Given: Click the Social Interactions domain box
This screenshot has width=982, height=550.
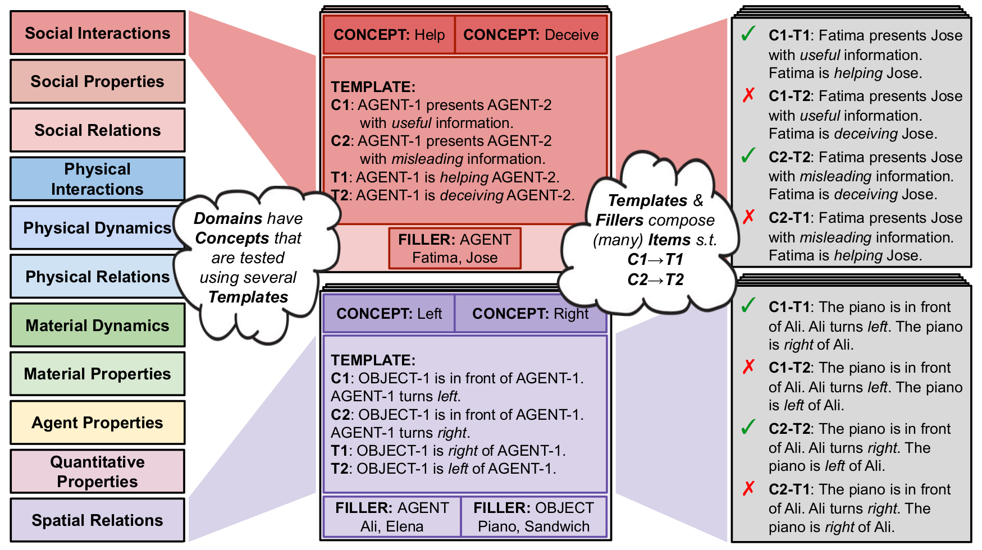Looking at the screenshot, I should [97, 33].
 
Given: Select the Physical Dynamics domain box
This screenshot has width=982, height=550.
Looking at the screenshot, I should [97, 228].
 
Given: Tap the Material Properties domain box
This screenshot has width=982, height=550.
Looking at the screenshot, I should [97, 374].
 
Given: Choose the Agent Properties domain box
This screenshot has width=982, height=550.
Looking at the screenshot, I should [97, 423].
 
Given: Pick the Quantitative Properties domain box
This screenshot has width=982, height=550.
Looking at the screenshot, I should [97, 471].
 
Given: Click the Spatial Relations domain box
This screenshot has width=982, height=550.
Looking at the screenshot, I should [97, 520].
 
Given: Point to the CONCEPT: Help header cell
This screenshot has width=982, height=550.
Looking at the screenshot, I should [389, 35].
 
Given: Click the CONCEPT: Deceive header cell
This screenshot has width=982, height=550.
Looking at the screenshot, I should [531, 35].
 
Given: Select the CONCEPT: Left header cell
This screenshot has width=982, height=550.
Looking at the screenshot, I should [389, 314].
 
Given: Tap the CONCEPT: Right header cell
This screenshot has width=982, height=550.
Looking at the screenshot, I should [530, 314].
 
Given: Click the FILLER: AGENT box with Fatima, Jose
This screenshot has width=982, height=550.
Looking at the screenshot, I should [455, 248].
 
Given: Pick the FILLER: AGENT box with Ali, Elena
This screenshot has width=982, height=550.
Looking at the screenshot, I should [392, 517].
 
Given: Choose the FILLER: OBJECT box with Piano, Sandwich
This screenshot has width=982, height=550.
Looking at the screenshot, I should [533, 517].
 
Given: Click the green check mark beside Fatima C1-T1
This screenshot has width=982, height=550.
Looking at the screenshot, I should [748, 34].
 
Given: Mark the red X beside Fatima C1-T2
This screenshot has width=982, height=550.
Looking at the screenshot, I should [748, 95].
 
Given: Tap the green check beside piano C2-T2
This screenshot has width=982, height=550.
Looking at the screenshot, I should [748, 427].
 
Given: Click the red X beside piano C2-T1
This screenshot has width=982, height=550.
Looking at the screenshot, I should [748, 488].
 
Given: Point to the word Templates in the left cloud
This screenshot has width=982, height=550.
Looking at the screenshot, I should [248, 297].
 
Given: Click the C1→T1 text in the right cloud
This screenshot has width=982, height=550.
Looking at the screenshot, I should [655, 259].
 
